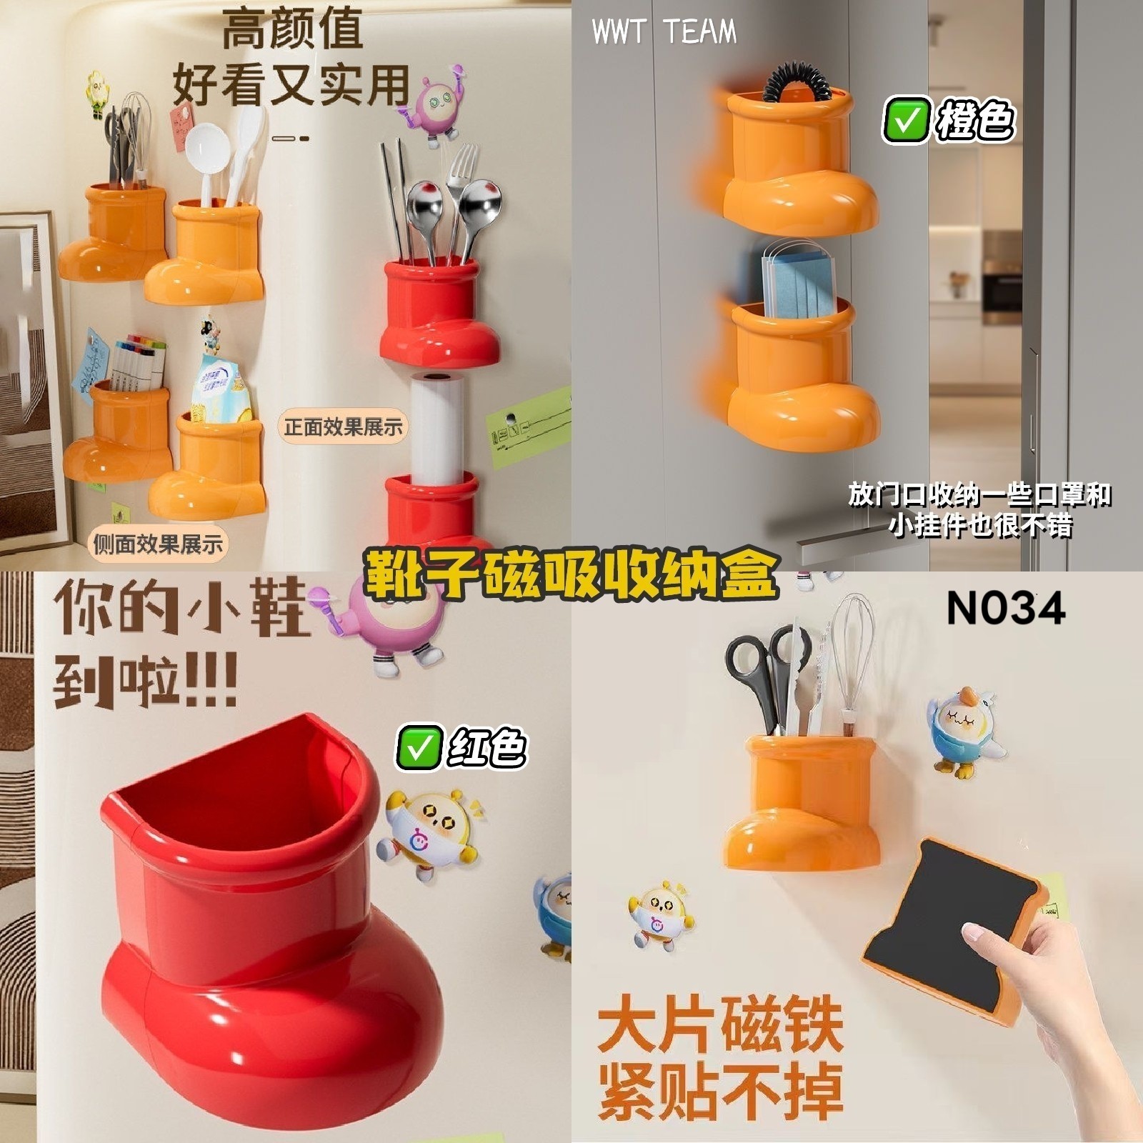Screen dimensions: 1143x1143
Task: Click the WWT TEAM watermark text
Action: [x=664, y=32]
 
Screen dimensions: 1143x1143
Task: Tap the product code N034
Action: [x=1006, y=609]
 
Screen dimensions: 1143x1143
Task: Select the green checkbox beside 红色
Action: [x=418, y=747]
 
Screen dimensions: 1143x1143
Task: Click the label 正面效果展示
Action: [x=343, y=427]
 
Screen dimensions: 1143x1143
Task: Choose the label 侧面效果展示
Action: [x=158, y=544]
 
